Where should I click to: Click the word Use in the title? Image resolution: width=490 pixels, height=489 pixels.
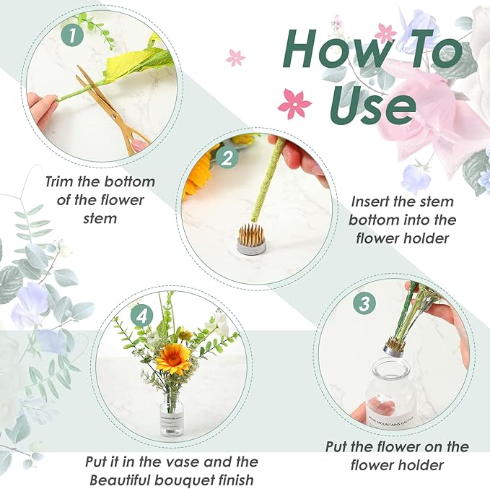tap(373, 105)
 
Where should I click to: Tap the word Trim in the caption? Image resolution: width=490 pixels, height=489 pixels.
tap(61, 182)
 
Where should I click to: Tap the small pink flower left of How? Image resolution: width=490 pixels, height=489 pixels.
tap(235, 58)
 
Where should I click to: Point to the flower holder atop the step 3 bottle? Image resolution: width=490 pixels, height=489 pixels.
tap(394, 346)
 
